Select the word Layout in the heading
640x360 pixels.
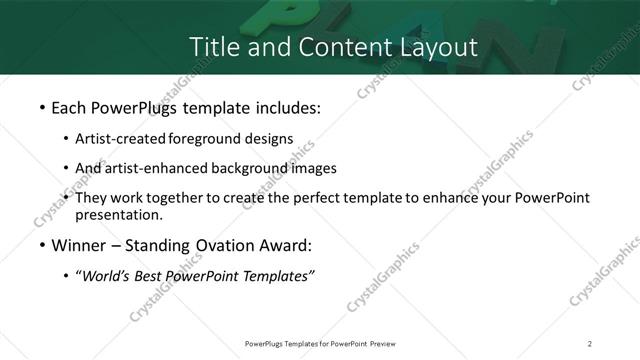coord(435,46)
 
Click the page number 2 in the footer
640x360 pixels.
coord(590,343)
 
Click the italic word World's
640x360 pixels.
coord(107,276)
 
